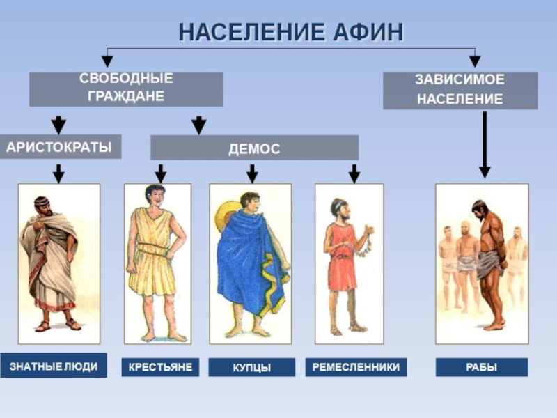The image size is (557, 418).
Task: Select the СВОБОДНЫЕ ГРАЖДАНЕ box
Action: (126, 89)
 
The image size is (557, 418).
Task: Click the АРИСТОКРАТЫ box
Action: (60, 147)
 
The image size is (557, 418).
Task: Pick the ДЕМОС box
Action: (254, 148)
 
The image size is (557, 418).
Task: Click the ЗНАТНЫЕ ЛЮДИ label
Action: (54, 366)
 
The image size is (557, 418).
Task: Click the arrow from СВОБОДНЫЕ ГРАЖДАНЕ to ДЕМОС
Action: (199, 124)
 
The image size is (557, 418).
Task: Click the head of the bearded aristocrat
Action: (42, 206)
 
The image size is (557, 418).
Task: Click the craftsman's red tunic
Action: (343, 261)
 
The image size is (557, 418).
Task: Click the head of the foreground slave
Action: (479, 208)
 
